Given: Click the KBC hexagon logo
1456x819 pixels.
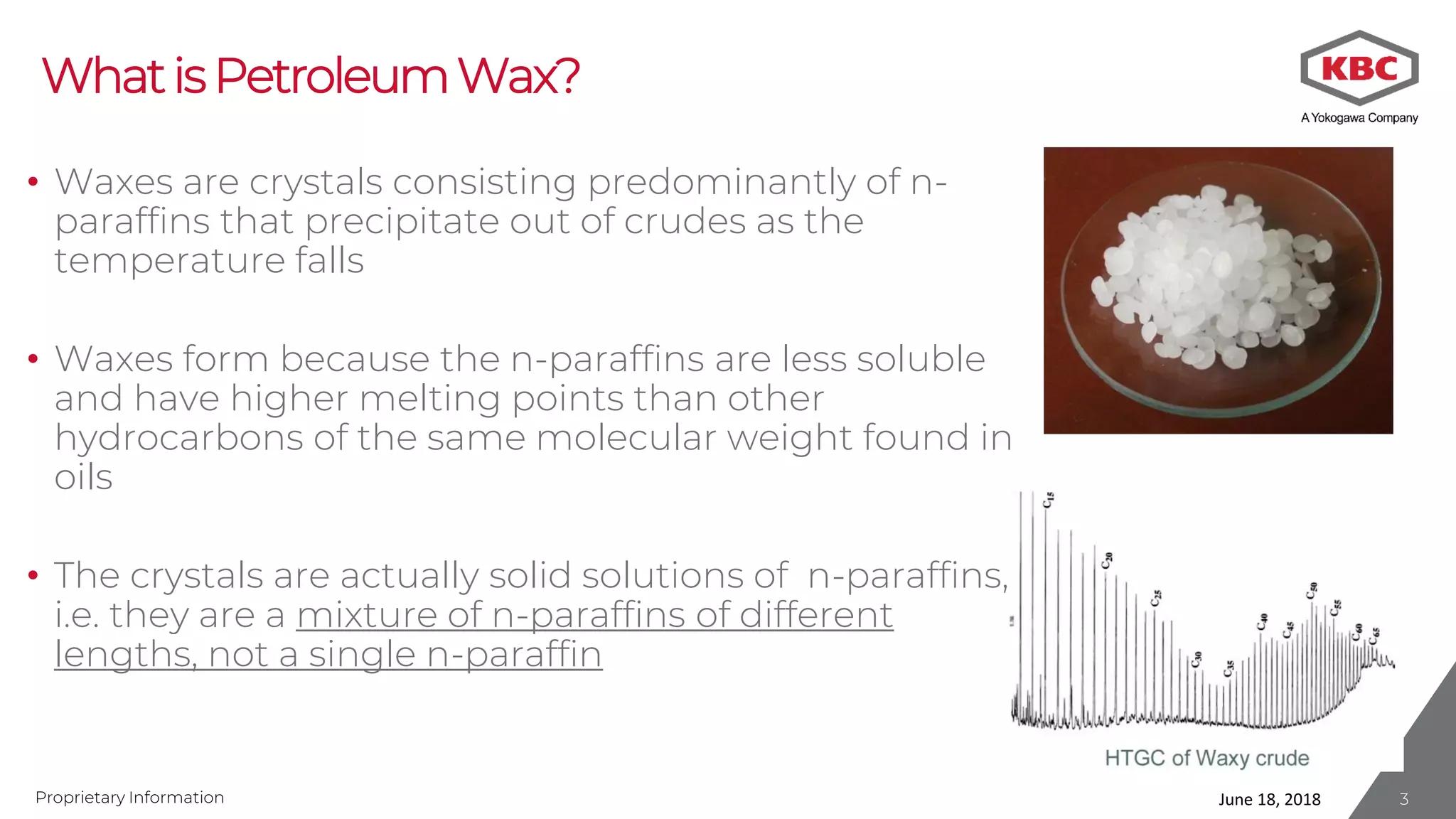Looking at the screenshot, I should click(1359, 68).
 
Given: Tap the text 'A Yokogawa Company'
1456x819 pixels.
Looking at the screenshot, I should click(1359, 118).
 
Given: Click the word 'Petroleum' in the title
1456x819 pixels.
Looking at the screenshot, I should click(331, 76).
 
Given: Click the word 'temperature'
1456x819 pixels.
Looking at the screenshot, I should click(169, 260).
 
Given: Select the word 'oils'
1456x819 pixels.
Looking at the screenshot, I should click(84, 477).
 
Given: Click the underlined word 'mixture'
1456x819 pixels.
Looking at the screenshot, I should click(366, 615).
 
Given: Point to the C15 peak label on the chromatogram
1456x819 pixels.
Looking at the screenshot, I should click(1048, 500).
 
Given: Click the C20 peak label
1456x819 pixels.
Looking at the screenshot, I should click(1107, 560).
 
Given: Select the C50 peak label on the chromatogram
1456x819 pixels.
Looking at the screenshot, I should click(1312, 591).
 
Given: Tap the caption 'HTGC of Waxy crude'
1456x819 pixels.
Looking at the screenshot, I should click(1206, 758).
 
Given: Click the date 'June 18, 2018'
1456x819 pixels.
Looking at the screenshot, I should click(1269, 799).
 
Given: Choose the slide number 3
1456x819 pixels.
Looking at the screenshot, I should click(1403, 799).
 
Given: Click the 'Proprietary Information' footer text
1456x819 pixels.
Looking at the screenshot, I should click(129, 798).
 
